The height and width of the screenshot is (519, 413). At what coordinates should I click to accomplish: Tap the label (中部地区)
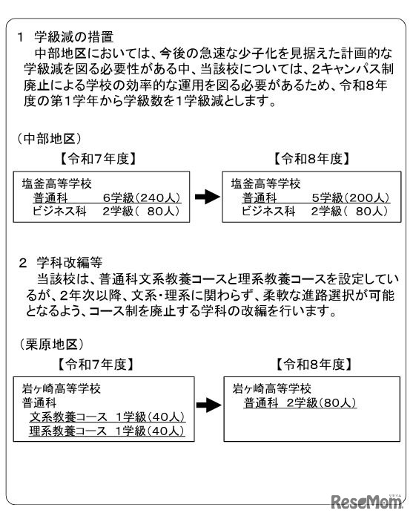pyautogui.click(x=49, y=139)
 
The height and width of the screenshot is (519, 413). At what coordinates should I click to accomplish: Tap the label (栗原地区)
pyautogui.click(x=49, y=345)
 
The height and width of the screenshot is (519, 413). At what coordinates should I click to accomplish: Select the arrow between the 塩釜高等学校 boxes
pyautogui.click(x=205, y=197)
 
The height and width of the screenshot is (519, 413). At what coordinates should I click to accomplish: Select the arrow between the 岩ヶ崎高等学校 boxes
pyautogui.click(x=205, y=405)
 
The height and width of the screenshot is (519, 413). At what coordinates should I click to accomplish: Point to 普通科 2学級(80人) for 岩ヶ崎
pyautogui.click(x=300, y=402)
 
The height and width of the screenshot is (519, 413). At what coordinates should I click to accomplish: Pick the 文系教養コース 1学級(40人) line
pyautogui.click(x=107, y=417)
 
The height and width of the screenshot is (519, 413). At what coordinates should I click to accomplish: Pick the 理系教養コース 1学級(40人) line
pyautogui.click(x=107, y=431)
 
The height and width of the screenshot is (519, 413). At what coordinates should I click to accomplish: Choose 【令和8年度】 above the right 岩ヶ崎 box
pyautogui.click(x=312, y=364)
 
